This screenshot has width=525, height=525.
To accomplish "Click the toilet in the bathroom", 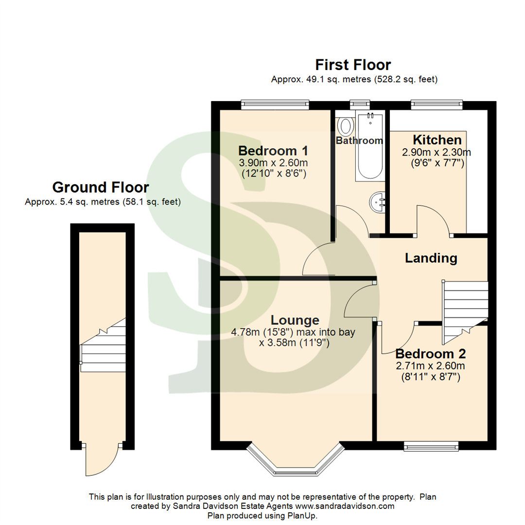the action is (345, 126).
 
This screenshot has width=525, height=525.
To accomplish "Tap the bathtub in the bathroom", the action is (370, 146).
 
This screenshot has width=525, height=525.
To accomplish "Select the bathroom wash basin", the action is (378, 202).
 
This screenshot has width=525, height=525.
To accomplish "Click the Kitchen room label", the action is (437, 140).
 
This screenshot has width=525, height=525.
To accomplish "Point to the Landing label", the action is (431, 258).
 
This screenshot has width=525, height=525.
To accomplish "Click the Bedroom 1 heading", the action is (273, 151).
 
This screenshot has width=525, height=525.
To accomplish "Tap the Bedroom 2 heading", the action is (431, 353).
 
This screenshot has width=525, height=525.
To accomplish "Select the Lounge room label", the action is (295, 320).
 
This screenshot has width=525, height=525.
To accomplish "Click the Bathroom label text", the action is (359, 140).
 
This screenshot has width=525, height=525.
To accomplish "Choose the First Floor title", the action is (353, 65).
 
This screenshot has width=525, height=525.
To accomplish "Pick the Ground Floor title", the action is (101, 187).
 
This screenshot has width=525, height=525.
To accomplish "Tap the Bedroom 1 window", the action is (275, 105).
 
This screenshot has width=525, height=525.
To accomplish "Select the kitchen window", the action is (437, 105).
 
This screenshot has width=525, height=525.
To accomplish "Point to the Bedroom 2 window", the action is (431, 446).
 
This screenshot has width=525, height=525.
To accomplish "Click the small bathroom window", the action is (360, 105).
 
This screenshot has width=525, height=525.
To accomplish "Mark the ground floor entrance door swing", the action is (101, 459).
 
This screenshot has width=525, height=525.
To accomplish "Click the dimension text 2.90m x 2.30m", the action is (436, 153).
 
